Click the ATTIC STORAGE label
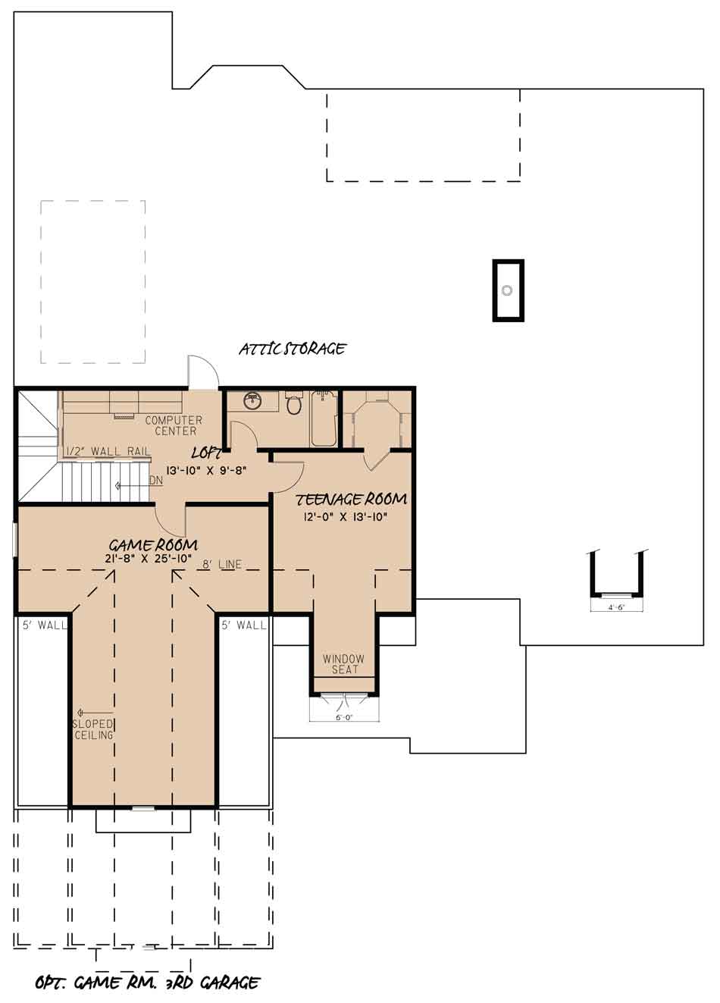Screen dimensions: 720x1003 (x=293, y=349)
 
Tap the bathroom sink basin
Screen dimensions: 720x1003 (x=253, y=401)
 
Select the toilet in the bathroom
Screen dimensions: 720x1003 (x=293, y=403)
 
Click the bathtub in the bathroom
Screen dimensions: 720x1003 (x=324, y=418)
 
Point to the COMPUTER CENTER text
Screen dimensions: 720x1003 (x=174, y=426)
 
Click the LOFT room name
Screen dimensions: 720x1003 (x=206, y=453)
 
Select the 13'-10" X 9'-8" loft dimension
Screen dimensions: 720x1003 (x=206, y=471)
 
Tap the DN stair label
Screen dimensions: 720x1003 (x=156, y=481)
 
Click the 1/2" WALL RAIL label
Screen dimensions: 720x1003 (x=108, y=451)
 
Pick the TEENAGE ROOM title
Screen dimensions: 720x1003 (x=352, y=500)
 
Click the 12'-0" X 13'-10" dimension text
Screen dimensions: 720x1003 (x=345, y=517)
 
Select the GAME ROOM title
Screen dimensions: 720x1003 (x=154, y=545)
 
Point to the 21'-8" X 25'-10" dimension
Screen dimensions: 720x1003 (x=150, y=559)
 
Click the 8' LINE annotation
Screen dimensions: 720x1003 (x=221, y=565)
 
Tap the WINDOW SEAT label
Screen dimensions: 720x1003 (x=344, y=664)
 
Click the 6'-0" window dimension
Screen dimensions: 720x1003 (x=344, y=718)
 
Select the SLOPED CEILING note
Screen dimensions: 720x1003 (x=94, y=729)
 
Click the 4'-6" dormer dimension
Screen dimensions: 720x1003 (x=617, y=608)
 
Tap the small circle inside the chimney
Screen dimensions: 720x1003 (x=507, y=290)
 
